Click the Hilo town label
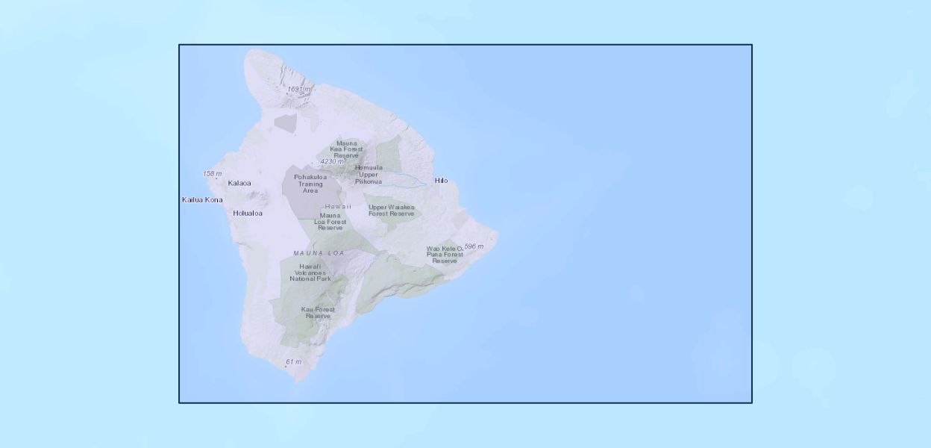(x=441, y=181)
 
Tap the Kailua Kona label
(x=202, y=199)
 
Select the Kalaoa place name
(x=239, y=183)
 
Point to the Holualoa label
(x=248, y=213)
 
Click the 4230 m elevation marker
(x=332, y=161)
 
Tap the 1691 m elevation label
(x=298, y=90)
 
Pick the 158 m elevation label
(x=213, y=174)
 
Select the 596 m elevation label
(x=474, y=246)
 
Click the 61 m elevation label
(x=293, y=362)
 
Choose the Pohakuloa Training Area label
(x=310, y=184)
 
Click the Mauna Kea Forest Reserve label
(x=346, y=149)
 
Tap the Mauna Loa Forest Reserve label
(x=330, y=221)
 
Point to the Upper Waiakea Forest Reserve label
(x=391, y=211)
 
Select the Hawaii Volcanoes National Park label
(x=310, y=273)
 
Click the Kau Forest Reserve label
(x=318, y=312)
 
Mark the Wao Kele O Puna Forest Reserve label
(x=445, y=255)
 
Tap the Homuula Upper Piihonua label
(x=369, y=175)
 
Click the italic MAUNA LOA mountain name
(x=319, y=253)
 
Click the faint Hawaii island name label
(x=337, y=206)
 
